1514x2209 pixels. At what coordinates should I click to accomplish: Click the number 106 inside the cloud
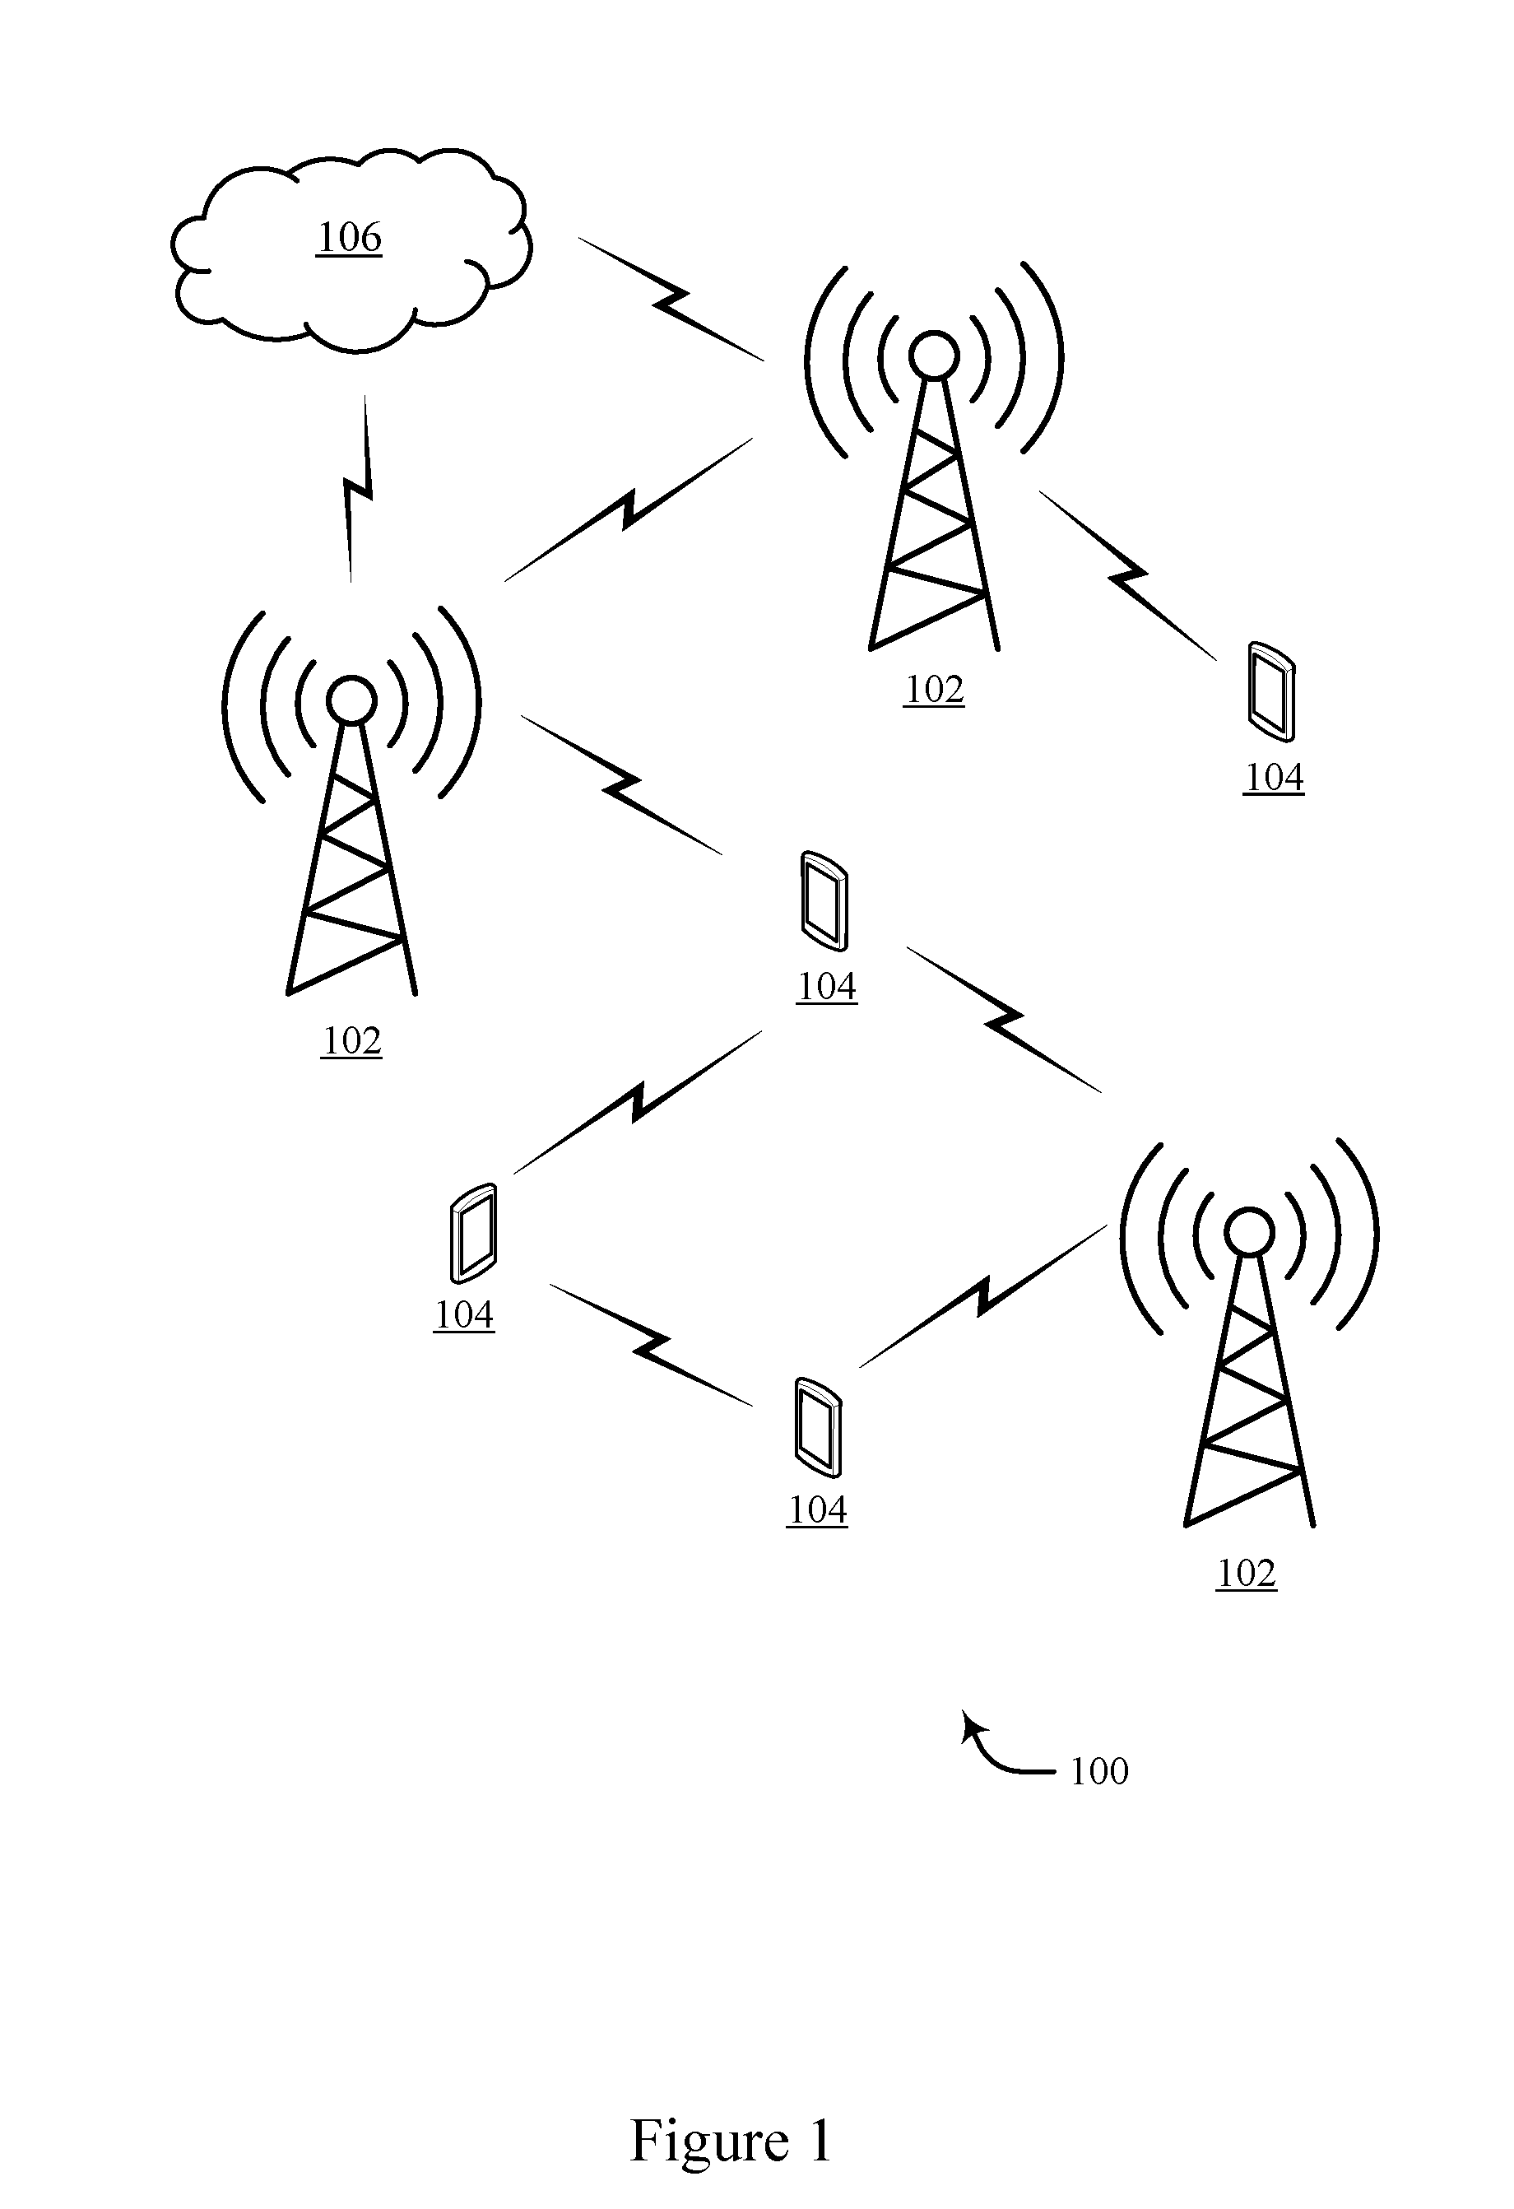(x=349, y=237)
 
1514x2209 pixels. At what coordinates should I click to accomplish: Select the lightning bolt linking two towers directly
(x=628, y=509)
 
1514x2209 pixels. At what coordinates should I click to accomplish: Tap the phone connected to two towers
(x=823, y=901)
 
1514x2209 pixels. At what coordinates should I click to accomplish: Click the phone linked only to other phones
(x=472, y=1233)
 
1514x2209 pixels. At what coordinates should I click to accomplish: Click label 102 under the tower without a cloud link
(x=1246, y=1573)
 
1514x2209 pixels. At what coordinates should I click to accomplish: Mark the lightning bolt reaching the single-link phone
(x=1127, y=575)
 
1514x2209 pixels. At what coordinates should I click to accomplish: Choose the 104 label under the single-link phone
(x=1274, y=778)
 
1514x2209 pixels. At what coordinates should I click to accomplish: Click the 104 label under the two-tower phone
(x=827, y=987)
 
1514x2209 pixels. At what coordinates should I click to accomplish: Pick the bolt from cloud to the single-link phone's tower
(x=671, y=299)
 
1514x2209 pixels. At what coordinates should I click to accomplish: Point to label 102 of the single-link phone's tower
(x=934, y=689)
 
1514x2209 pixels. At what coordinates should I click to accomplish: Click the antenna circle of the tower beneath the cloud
(x=351, y=701)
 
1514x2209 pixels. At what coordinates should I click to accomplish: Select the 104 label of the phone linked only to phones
(x=464, y=1314)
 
